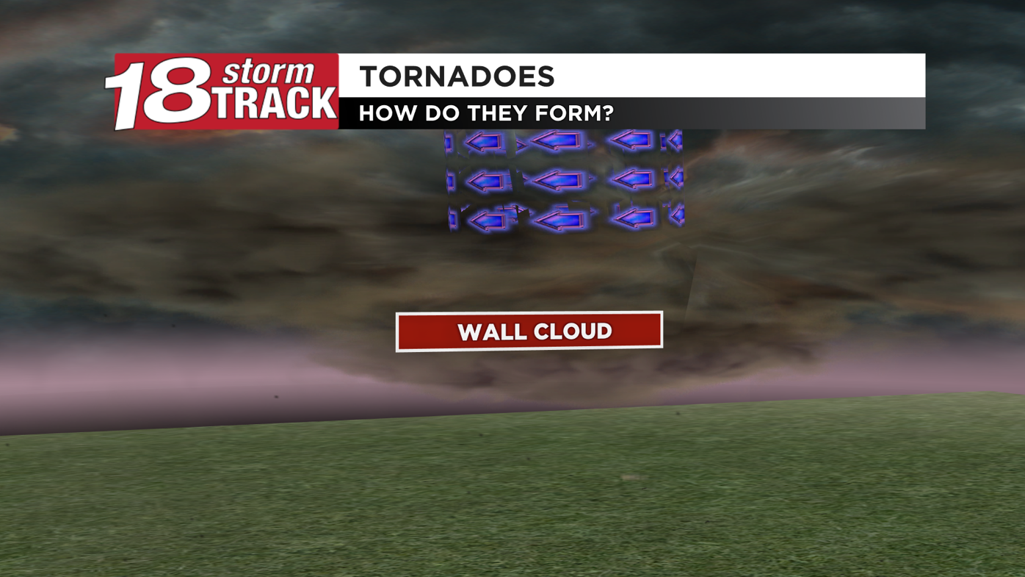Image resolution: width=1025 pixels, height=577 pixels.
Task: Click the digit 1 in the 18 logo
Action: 126,93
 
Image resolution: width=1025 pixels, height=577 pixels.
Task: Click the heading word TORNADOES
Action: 457,76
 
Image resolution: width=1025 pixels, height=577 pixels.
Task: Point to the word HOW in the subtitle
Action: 387,113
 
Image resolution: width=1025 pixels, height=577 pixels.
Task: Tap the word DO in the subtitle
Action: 442,113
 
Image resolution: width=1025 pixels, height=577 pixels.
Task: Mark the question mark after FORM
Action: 608,113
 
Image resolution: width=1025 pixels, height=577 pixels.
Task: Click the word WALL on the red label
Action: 491,331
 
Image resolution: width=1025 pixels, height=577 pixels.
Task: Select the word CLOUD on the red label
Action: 573,331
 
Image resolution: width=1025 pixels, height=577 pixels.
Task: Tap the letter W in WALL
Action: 470,332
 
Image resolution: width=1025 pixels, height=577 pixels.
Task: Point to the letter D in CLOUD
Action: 602,330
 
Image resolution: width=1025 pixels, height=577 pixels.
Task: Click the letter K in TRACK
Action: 323,104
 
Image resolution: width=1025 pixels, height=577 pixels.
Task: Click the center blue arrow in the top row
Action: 556,140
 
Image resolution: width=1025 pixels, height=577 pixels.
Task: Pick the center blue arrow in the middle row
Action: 558,179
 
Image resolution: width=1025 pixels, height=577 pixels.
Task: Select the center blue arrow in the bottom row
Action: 559,218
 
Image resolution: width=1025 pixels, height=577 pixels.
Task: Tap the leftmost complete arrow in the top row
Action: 485,141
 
